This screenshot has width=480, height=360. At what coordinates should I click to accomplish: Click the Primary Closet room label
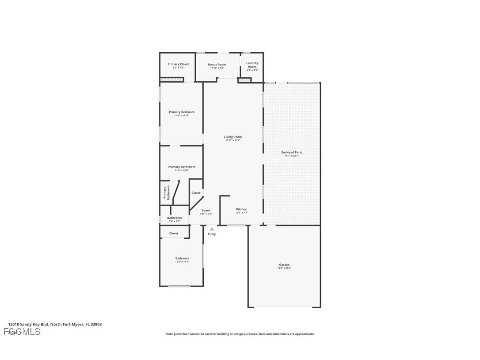pyautogui.click(x=178, y=64)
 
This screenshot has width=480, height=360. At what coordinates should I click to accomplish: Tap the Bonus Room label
pyautogui.click(x=217, y=65)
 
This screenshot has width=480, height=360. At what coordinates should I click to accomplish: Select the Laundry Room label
pyautogui.click(x=252, y=65)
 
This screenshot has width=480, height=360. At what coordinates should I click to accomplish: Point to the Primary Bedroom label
pyautogui.click(x=182, y=112)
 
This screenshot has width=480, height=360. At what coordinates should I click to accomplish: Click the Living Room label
pyautogui.click(x=233, y=137)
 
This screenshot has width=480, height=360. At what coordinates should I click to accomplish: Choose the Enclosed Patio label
pyautogui.click(x=292, y=152)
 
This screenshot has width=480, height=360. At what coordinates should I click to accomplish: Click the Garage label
pyautogui.click(x=284, y=264)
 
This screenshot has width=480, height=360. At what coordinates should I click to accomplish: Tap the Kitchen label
pyautogui.click(x=241, y=209)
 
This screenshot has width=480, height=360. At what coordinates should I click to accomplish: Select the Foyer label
pyautogui.click(x=206, y=211)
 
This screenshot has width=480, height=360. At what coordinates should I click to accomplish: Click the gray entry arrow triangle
pyautogui.click(x=212, y=229)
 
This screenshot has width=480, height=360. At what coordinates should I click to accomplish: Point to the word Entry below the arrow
pyautogui.click(x=212, y=234)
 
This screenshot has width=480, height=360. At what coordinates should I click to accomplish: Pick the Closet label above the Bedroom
pyautogui.click(x=174, y=233)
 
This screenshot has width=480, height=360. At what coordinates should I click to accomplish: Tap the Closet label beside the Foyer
pyautogui.click(x=196, y=193)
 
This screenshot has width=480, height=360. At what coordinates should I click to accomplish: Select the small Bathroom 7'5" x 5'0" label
pyautogui.click(x=174, y=219)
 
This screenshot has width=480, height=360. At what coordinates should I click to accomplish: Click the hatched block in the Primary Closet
pyautogui.click(x=171, y=80)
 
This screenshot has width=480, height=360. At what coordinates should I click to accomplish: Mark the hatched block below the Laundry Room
pyautogui.click(x=244, y=80)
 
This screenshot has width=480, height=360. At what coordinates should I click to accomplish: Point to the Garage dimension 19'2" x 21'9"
pyautogui.click(x=284, y=268)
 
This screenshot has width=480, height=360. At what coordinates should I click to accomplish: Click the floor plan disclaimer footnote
pyautogui.click(x=240, y=334)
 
